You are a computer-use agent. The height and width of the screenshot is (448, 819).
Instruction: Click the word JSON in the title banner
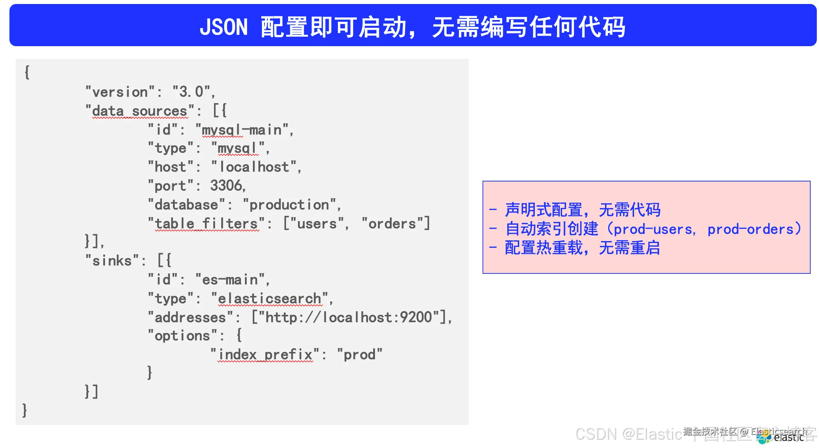pos(223,27)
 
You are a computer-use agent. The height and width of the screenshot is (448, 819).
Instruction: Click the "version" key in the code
pos(120,92)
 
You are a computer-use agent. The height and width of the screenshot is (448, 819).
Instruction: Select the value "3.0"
pos(191,92)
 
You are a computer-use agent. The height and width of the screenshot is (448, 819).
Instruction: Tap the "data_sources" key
pos(140,111)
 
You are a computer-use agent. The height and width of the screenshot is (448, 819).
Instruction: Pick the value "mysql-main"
pos(242,130)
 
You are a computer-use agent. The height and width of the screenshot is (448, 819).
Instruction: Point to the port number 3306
pos(226,186)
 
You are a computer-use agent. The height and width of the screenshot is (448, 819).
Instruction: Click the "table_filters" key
pos(206,224)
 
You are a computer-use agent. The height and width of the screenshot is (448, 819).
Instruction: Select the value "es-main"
pos(230,280)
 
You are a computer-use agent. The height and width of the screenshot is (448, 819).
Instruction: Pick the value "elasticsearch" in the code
pos(269,299)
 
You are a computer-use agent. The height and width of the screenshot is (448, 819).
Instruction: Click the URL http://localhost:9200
pos(349,318)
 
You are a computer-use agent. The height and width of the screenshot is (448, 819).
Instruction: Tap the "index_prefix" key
pos(265,355)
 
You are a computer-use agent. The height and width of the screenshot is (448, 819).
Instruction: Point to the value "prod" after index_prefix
pos(359,355)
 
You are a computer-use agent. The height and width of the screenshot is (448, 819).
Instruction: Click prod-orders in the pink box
pos(750,229)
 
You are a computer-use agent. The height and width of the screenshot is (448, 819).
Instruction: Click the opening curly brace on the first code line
pos(27,72)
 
